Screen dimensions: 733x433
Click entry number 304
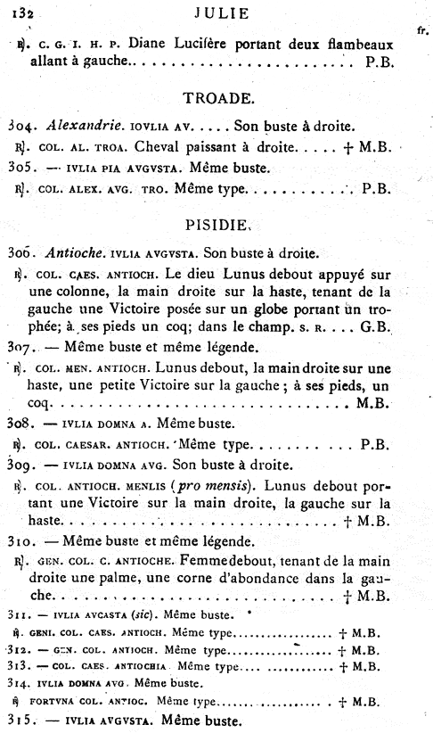[x=20, y=126]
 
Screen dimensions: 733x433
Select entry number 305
[x=20, y=167]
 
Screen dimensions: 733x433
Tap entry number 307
[x=20, y=345]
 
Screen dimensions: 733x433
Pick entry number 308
[x=20, y=422]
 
